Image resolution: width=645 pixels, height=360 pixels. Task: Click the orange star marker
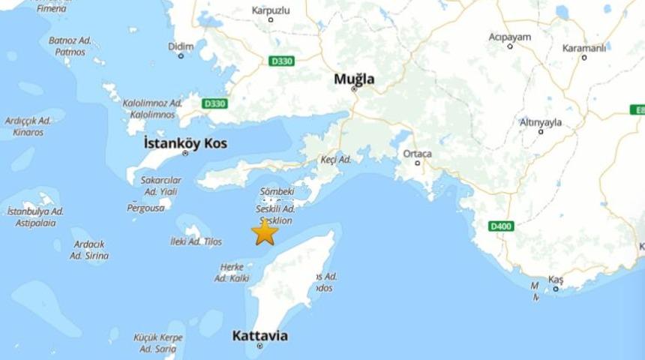264,232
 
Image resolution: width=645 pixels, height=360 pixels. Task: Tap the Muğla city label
354,79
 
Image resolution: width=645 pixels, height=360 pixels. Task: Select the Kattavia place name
259,335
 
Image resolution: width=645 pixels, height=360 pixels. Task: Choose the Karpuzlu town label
271,10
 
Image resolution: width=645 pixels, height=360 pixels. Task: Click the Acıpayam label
509,36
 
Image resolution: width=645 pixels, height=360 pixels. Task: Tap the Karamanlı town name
584,48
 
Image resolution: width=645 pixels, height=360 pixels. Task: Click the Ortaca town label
418,154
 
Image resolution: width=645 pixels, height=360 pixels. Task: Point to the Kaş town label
556,279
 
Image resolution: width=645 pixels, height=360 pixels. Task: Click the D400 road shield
501,226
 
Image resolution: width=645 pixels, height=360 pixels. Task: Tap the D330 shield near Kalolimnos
214,103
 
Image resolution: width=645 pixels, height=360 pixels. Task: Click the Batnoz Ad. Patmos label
70,46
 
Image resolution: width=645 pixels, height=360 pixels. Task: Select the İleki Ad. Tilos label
196,241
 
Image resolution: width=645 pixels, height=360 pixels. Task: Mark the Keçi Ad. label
335,160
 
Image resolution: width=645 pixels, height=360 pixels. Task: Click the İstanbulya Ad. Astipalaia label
35,217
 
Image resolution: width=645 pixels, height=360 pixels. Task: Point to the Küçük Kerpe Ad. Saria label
157,343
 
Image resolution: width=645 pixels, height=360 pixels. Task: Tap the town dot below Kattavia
259,346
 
